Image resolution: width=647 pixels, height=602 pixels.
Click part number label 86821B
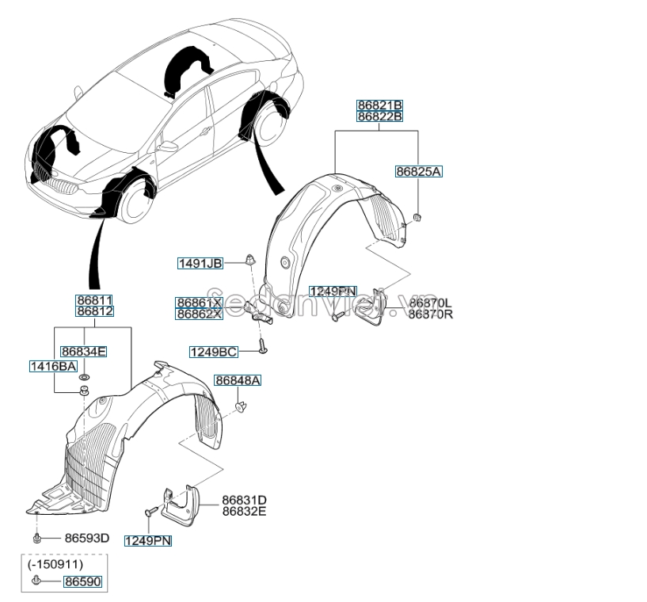tap(379, 105)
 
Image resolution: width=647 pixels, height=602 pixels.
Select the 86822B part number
tap(379, 116)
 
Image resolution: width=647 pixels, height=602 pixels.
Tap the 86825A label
tap(419, 171)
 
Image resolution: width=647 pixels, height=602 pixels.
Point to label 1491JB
tap(201, 264)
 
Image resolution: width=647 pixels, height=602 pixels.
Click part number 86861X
tap(199, 303)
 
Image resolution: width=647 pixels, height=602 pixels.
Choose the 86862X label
tap(199, 314)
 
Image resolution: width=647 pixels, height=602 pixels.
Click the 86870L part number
tap(430, 303)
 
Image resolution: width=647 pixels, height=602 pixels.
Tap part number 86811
tap(94, 300)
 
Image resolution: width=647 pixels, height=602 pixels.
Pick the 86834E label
tap(84, 351)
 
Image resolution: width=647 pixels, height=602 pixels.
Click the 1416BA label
tap(53, 366)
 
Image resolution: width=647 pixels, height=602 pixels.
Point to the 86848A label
tap(238, 381)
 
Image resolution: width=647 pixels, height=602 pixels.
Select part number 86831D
tap(244, 500)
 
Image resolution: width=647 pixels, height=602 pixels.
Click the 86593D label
tap(87, 538)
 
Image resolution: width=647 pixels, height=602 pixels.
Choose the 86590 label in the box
tap(83, 582)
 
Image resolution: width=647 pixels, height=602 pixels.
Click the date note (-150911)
tap(55, 565)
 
